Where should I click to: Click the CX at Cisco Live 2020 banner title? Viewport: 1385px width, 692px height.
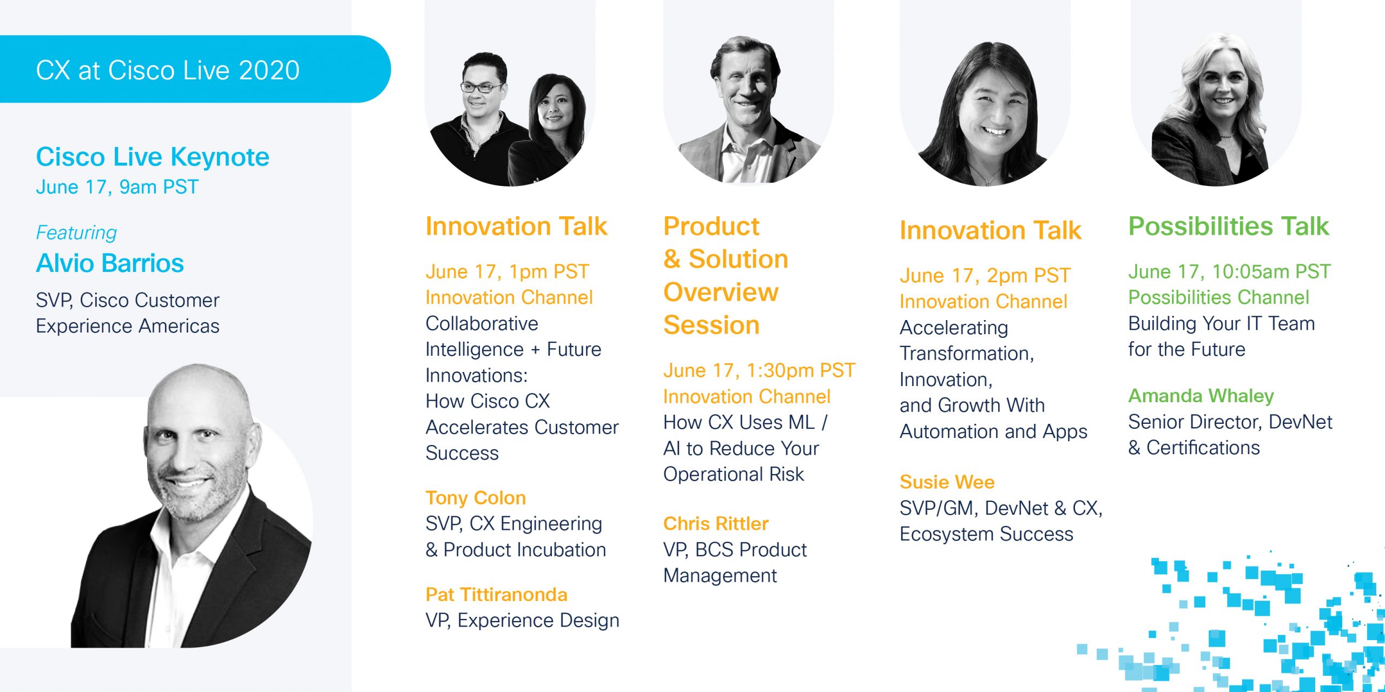(x=168, y=70)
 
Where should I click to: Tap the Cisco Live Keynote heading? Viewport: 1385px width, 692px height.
(x=153, y=157)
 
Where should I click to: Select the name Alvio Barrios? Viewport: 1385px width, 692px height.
(x=110, y=263)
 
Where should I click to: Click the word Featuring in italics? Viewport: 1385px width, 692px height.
(x=76, y=232)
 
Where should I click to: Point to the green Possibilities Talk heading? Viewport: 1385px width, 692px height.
(x=1228, y=226)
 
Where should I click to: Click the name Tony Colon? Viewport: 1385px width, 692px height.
(x=476, y=498)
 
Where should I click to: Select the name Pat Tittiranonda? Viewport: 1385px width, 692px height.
(x=496, y=595)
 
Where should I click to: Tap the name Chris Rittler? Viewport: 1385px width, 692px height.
(x=715, y=523)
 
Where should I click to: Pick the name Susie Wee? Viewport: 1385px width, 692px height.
(x=947, y=482)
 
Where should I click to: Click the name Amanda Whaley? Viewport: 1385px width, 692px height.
(x=1201, y=396)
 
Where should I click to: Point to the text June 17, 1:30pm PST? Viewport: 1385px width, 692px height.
(x=759, y=371)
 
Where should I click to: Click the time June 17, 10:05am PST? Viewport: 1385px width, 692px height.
(x=1229, y=271)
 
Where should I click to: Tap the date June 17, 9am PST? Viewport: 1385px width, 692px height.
(x=117, y=187)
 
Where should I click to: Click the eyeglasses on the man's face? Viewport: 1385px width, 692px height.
(x=482, y=87)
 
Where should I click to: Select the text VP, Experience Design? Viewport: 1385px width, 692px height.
(x=522, y=621)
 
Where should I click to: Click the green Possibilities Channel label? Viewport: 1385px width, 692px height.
(x=1218, y=297)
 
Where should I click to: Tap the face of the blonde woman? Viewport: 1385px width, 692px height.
(x=1224, y=89)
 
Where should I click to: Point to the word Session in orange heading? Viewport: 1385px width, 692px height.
(x=711, y=325)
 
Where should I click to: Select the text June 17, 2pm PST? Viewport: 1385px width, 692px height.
(x=985, y=276)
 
